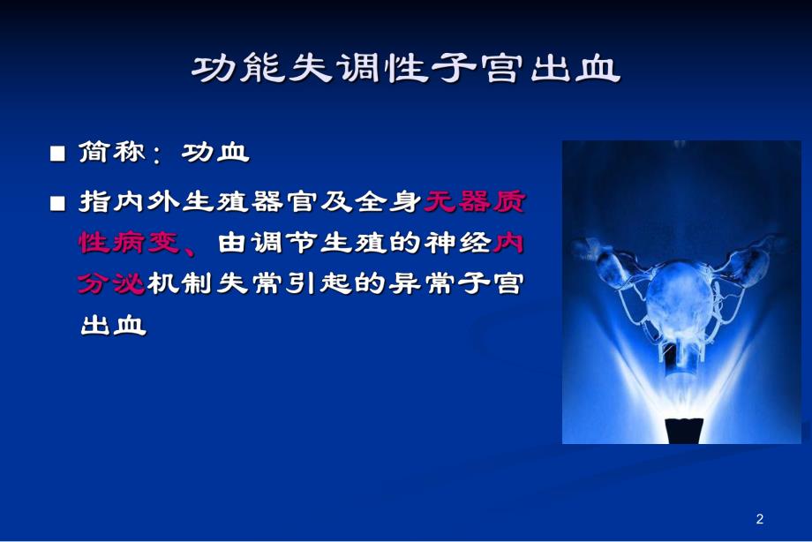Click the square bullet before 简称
pos(58,154)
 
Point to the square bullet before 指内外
pos(58,203)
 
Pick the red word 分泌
pos(112,284)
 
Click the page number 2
pos(761,518)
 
